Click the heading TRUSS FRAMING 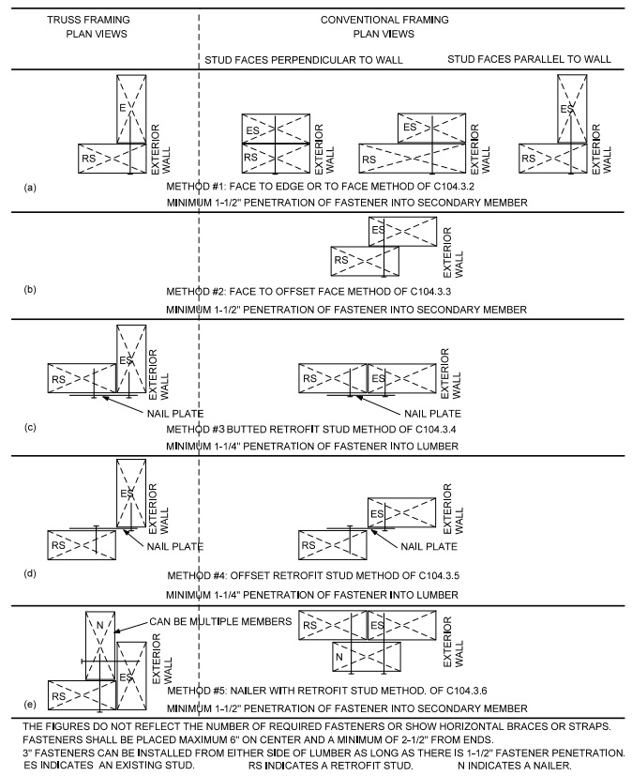click(88, 20)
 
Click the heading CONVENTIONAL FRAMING click(384, 20)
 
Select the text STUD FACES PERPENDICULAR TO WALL click(304, 60)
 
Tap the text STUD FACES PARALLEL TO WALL click(529, 59)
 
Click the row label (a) click(30, 188)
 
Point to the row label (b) click(30, 290)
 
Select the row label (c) click(30, 427)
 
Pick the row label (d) click(30, 573)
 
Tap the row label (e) click(30, 704)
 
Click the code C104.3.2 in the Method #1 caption click(453, 187)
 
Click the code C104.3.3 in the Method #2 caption click(429, 292)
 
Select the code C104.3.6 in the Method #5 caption click(467, 691)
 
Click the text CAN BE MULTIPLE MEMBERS click(220, 621)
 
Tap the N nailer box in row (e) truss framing click(100, 646)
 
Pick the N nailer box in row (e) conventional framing click(367, 657)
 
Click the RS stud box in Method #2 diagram click(365, 261)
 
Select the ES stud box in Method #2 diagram click(402, 231)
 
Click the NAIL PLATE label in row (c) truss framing click(175, 413)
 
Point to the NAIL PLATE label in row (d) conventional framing click(429, 546)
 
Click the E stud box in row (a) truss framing click(131, 110)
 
